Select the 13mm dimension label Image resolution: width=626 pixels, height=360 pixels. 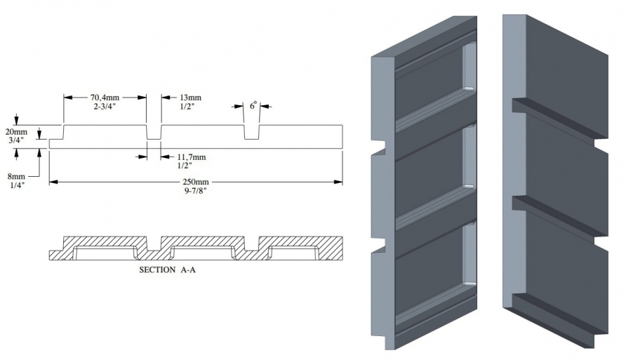pyautogui.click(x=191, y=98)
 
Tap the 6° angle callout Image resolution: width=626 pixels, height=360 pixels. pyautogui.click(x=253, y=106)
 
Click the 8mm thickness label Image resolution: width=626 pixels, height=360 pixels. pyautogui.click(x=16, y=176)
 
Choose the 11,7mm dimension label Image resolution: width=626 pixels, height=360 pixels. pyautogui.click(x=192, y=157)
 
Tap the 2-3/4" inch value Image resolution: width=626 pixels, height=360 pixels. pyautogui.click(x=105, y=106)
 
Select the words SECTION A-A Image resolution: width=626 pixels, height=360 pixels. pyautogui.click(x=167, y=269)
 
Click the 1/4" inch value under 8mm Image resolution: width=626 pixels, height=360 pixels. pyautogui.click(x=16, y=185)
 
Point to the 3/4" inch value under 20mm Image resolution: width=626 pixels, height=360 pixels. pyautogui.click(x=16, y=140)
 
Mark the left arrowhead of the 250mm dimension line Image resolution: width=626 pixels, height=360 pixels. pyautogui.click(x=53, y=182)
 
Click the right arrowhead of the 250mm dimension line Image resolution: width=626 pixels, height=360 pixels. pyautogui.click(x=338, y=182)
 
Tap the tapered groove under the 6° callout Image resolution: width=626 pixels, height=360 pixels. pyautogui.click(x=251, y=133)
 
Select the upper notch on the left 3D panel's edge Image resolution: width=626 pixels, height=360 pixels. pyautogui.click(x=379, y=147)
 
